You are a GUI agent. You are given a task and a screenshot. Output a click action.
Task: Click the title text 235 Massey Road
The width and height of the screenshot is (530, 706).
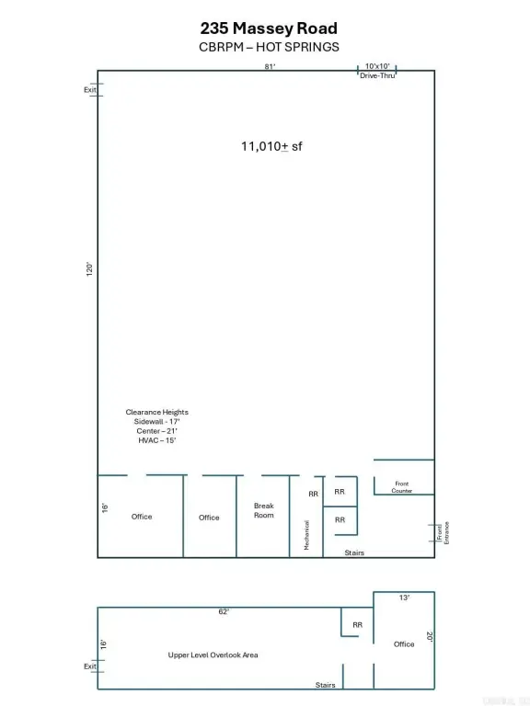tap(269, 28)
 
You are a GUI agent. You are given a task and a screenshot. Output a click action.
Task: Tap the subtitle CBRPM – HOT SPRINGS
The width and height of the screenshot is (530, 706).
tap(269, 47)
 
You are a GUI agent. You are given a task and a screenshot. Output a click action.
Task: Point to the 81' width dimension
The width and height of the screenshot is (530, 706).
tap(270, 66)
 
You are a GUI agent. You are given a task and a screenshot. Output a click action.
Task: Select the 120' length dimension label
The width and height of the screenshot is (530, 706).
tap(89, 269)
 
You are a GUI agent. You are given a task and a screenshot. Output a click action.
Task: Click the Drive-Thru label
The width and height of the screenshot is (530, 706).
tap(377, 75)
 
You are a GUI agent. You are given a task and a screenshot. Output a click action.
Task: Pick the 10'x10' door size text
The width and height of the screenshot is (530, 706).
tap(377, 66)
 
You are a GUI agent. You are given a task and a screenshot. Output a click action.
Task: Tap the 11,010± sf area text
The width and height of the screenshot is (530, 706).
tap(271, 146)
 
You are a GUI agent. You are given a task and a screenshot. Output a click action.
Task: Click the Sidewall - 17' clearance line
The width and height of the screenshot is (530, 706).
tap(156, 421)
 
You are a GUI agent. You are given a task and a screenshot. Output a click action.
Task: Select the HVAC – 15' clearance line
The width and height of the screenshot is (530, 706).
tap(156, 440)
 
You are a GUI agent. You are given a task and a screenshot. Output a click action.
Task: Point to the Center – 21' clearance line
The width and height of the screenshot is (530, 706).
tap(156, 431)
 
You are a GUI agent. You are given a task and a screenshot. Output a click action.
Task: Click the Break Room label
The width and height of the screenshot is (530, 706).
tap(264, 510)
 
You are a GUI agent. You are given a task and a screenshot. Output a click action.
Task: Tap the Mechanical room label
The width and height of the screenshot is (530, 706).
tap(307, 535)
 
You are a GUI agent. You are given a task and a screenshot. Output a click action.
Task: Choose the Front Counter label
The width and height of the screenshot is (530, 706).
tap(401, 487)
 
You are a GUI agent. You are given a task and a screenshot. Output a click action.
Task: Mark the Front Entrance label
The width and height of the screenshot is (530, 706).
tap(443, 532)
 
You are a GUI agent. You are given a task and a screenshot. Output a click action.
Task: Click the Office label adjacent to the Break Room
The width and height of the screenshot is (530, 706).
tap(209, 518)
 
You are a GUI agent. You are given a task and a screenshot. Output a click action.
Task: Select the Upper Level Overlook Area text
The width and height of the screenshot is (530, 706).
tap(213, 655)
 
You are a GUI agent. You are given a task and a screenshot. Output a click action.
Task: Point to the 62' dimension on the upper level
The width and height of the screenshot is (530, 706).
tap(224, 611)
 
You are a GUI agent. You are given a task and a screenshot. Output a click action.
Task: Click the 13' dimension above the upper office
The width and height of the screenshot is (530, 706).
tap(404, 598)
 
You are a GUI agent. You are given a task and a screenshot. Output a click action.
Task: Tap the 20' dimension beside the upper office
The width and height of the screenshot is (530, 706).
tap(430, 637)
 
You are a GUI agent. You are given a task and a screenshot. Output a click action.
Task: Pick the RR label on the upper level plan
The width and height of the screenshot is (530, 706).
tap(357, 625)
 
